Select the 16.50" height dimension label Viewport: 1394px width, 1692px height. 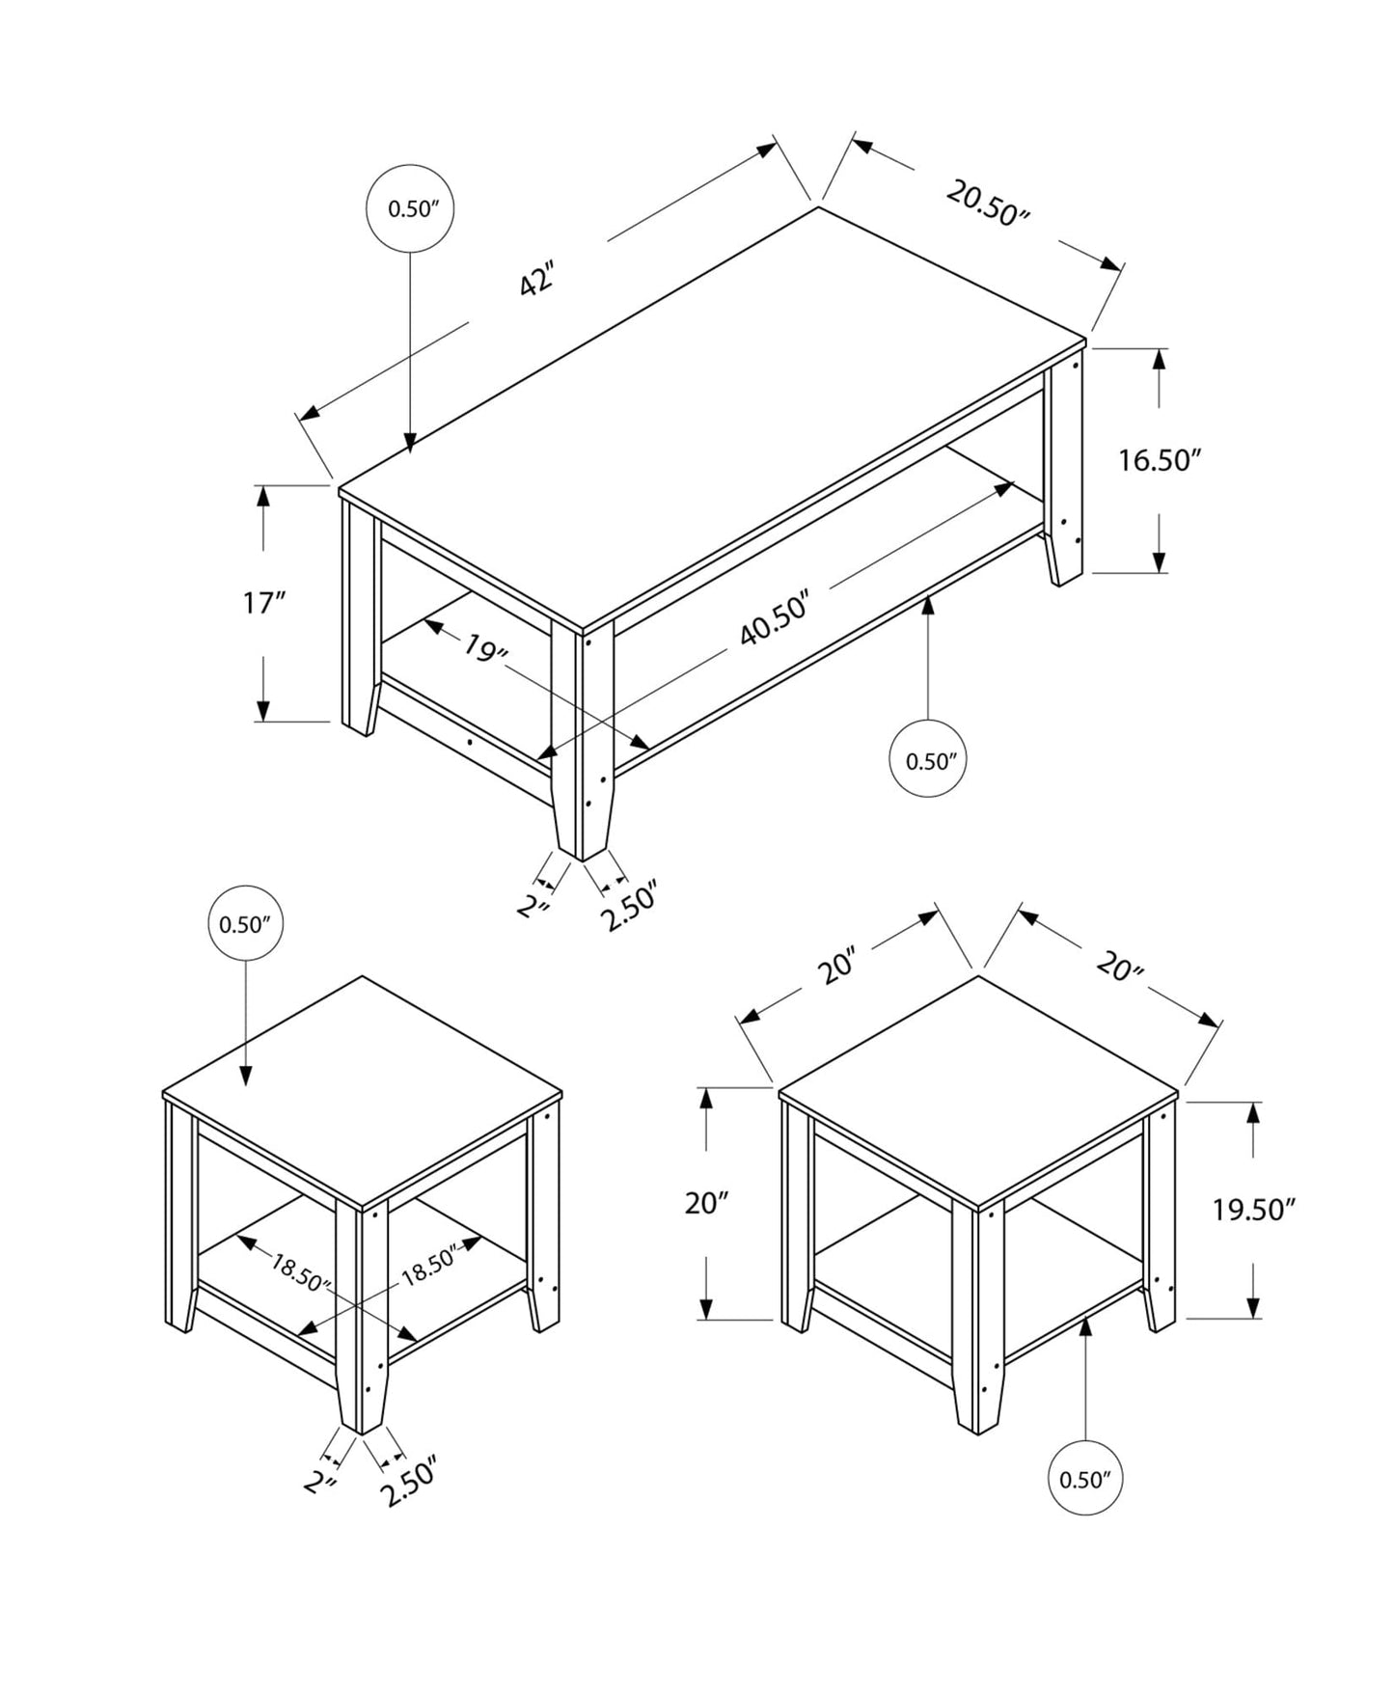1158,460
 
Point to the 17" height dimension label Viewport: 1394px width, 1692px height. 263,604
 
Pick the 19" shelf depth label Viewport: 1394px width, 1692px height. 485,649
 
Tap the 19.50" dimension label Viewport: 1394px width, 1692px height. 1252,1210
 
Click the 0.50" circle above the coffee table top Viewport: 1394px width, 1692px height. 411,208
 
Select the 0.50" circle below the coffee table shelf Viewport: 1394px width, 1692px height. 927,760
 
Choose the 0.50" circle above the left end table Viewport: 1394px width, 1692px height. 245,924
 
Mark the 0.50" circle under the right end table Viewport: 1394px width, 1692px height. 1085,1479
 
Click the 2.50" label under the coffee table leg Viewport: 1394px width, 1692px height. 629,905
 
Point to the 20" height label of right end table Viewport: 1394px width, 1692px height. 706,1203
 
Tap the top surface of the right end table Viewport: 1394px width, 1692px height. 976,1090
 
